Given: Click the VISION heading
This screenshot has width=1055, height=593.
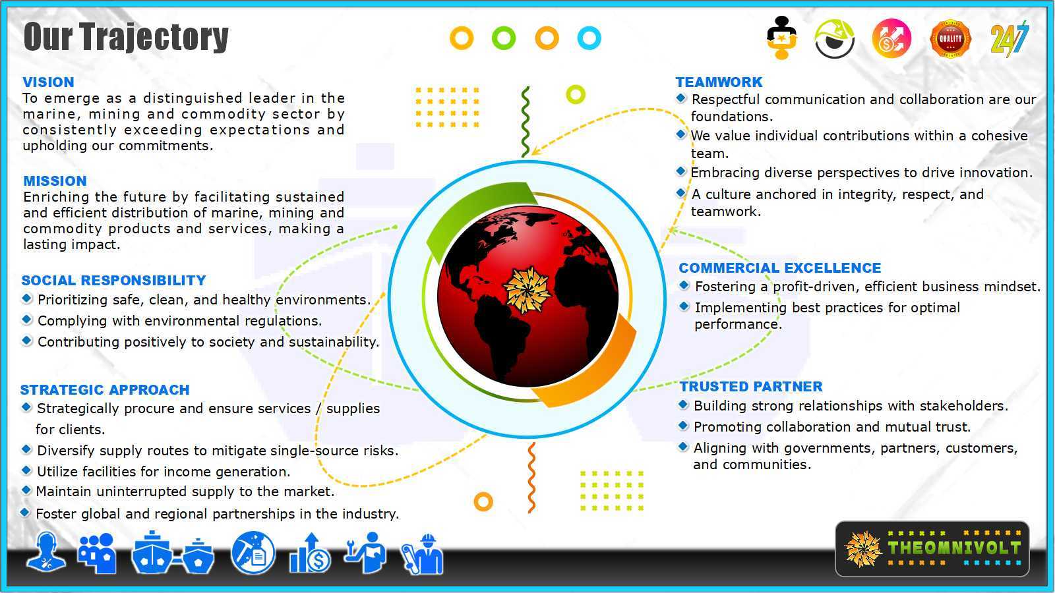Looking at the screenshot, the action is [49, 82].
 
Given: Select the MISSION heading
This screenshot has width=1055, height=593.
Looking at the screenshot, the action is [55, 181].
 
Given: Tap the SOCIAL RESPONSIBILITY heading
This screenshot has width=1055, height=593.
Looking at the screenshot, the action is [113, 281].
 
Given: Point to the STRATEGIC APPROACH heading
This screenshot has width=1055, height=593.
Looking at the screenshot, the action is [105, 389].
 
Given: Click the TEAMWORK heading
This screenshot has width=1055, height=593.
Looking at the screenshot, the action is [719, 82].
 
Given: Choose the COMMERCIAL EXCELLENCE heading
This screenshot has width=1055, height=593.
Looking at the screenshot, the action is [780, 268].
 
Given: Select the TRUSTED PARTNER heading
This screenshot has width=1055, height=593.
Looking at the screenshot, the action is [751, 386].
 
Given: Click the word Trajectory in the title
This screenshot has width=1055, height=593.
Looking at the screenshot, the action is [154, 37].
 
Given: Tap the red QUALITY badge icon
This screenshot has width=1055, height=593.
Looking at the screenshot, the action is [950, 39].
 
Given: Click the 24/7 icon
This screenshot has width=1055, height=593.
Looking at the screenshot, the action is [1010, 39].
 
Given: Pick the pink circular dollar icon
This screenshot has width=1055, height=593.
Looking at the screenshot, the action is [891, 39].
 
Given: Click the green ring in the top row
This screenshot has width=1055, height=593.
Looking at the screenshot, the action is [504, 38].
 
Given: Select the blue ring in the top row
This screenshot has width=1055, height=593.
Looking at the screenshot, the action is [589, 38].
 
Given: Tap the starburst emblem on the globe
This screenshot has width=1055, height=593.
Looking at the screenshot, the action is [527, 291].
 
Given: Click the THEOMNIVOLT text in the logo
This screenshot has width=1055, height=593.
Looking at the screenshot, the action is [954, 548].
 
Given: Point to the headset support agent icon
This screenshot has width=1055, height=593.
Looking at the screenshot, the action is [45, 553].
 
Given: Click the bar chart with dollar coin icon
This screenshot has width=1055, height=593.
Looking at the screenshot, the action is [311, 553].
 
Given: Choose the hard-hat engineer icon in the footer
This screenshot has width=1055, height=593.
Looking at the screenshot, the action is [423, 554].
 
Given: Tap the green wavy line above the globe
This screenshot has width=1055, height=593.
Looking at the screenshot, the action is [526, 121].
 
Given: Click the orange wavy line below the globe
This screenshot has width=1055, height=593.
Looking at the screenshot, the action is [531, 477].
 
